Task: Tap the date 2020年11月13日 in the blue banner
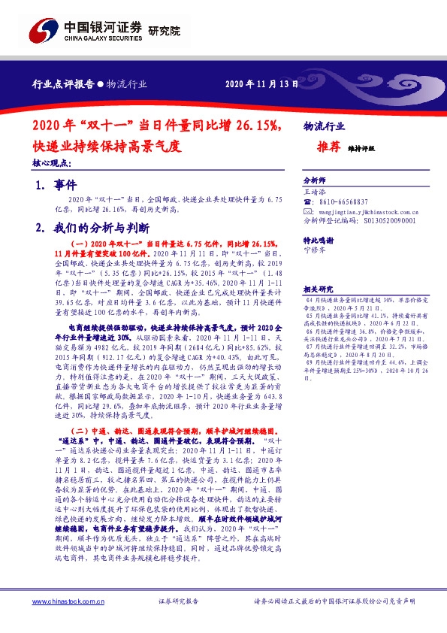pyautogui.click(x=257, y=84)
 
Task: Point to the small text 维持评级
pyautogui.click(x=362, y=149)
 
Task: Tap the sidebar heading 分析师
pyautogui.click(x=315, y=181)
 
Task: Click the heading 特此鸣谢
pyautogui.click(x=319, y=240)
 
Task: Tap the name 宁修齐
pyautogui.click(x=316, y=250)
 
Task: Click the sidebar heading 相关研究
pyautogui.click(x=319, y=289)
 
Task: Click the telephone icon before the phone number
pyautogui.click(x=307, y=202)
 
